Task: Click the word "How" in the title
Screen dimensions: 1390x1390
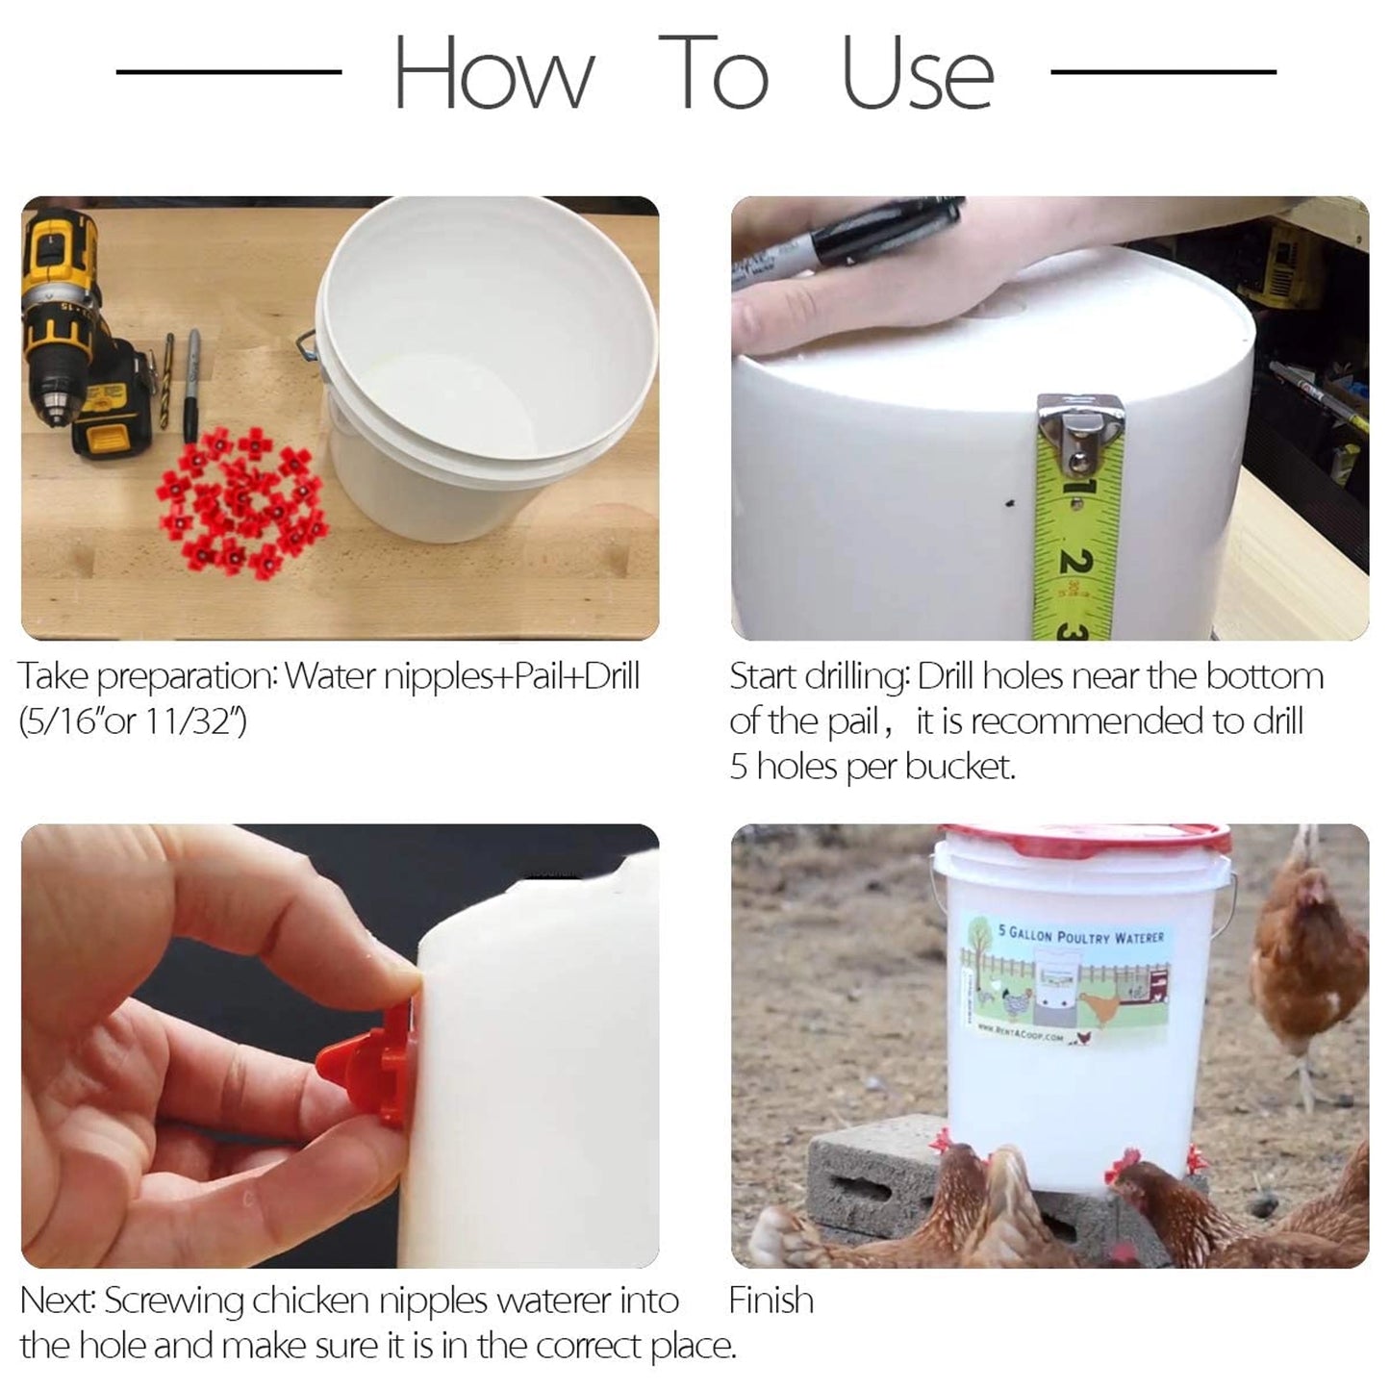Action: click(493, 75)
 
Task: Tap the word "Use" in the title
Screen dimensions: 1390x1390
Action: click(917, 75)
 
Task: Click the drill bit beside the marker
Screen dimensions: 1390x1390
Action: click(167, 380)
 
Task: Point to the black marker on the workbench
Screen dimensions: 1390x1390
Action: click(192, 385)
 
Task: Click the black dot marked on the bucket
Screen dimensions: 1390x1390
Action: click(1009, 502)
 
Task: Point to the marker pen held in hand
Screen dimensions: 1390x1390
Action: click(866, 236)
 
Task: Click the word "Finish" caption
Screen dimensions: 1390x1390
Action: click(771, 1301)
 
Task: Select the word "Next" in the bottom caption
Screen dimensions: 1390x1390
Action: click(57, 1301)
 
